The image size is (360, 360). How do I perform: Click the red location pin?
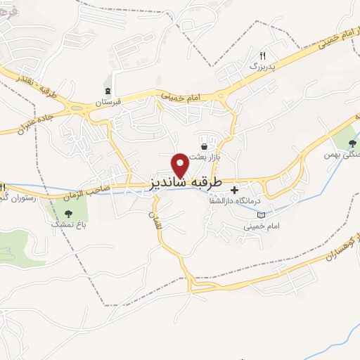click(x=181, y=165)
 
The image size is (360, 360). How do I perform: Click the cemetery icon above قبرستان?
click(x=108, y=90)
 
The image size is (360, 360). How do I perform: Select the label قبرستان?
click(x=109, y=102)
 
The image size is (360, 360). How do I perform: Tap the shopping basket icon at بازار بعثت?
click(x=204, y=146)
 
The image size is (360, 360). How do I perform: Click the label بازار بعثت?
click(x=209, y=157)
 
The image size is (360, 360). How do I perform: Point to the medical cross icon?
click(x=235, y=189)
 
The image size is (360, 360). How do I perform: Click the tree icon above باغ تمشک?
click(x=68, y=212)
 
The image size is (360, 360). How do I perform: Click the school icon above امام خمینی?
click(x=262, y=214)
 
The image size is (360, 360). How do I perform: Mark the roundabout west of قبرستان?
click(x=76, y=107)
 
